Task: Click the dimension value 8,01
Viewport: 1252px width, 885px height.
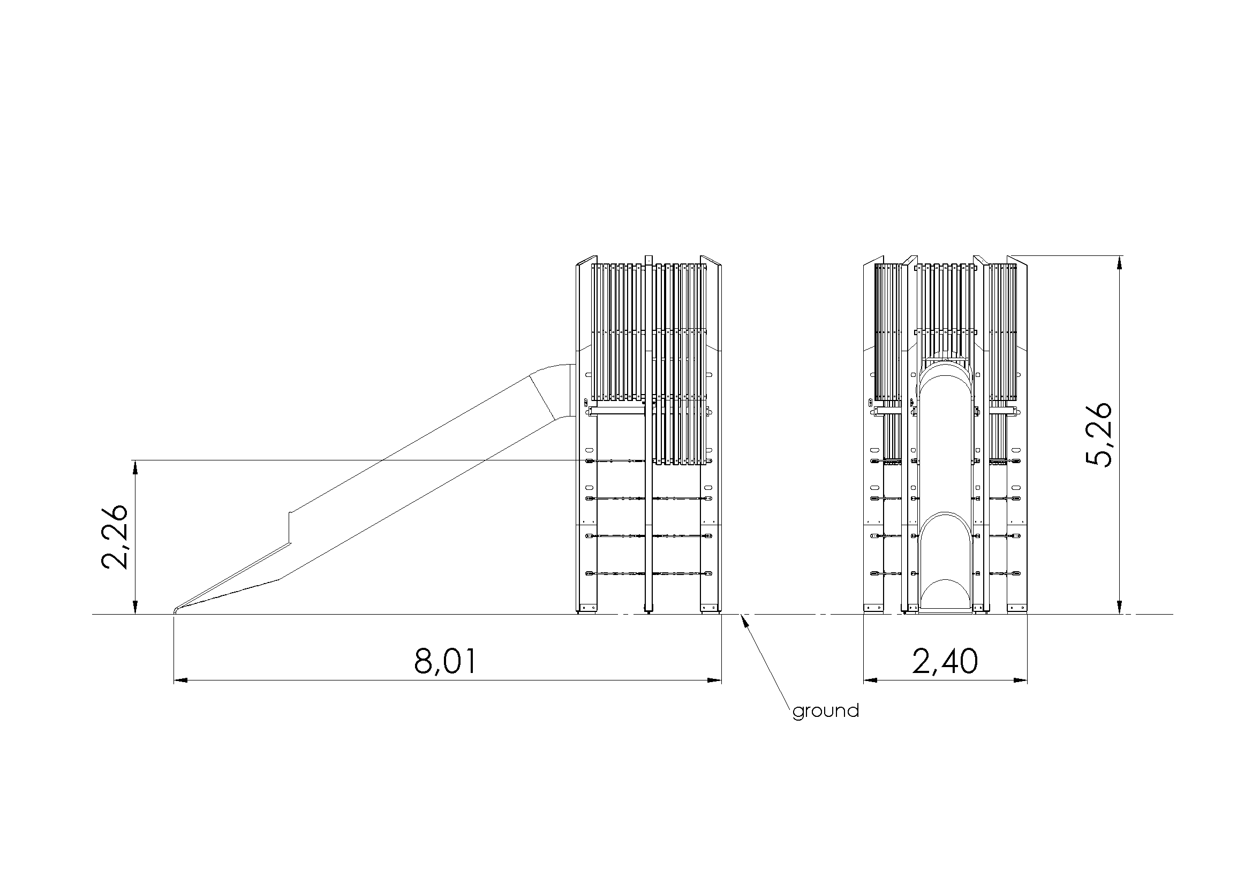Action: pos(445,661)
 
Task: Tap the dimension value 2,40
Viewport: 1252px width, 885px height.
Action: pos(945,661)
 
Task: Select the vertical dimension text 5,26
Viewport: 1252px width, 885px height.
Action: pos(1098,435)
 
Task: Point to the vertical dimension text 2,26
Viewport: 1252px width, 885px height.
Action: pos(115,537)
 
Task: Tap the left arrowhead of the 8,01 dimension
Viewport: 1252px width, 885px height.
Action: pos(180,680)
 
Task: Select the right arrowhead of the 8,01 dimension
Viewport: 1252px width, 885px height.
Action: pos(714,680)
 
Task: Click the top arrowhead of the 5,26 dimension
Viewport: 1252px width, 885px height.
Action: pos(1119,262)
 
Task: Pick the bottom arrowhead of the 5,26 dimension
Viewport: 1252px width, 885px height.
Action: pos(1119,607)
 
